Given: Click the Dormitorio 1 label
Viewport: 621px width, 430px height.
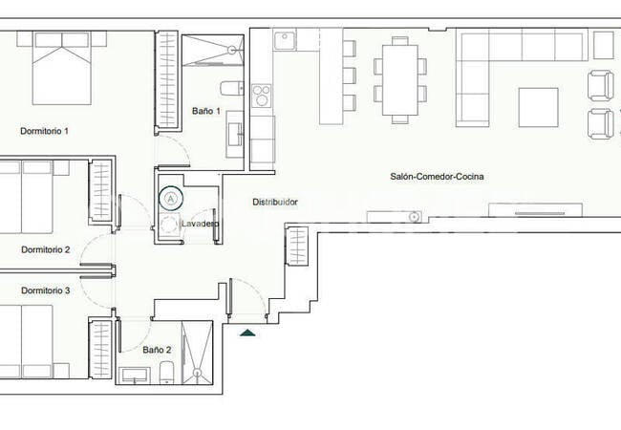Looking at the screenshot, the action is pyautogui.click(x=44, y=131).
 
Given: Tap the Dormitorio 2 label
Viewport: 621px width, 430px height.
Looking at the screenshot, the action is pyautogui.click(x=46, y=249).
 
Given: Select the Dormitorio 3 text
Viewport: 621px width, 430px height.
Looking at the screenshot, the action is pyautogui.click(x=46, y=290).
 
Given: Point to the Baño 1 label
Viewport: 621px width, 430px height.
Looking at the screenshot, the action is pyautogui.click(x=206, y=111).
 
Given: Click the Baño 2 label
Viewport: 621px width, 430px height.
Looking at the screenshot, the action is pyautogui.click(x=157, y=350).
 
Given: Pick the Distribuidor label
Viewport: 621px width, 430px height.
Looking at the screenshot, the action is pyautogui.click(x=275, y=202).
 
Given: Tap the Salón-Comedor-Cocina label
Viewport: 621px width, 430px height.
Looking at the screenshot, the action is pyautogui.click(x=437, y=176).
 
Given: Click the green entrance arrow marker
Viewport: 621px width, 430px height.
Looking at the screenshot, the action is pyautogui.click(x=247, y=333).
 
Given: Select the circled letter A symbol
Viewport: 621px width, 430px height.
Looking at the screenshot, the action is pyautogui.click(x=171, y=198).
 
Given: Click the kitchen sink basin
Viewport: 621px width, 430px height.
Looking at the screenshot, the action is pyautogui.click(x=285, y=39).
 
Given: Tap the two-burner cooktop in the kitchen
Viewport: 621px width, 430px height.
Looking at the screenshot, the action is pyautogui.click(x=262, y=96).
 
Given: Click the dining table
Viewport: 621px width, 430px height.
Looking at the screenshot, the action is pyautogui.click(x=400, y=79).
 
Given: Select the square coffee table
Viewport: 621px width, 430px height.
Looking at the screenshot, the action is pyautogui.click(x=538, y=107).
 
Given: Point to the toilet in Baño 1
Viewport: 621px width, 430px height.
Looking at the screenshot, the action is pyautogui.click(x=231, y=88).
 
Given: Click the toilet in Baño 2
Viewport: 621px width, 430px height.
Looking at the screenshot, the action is pyautogui.click(x=166, y=373).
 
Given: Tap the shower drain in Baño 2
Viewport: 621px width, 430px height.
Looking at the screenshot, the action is pyautogui.click(x=197, y=373).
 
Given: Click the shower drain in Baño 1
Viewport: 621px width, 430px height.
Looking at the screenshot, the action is pyautogui.click(x=232, y=50).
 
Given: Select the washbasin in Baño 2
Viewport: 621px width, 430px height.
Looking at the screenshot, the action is pyautogui.click(x=135, y=376).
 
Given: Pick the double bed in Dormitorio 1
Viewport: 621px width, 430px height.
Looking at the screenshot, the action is pyautogui.click(x=62, y=68).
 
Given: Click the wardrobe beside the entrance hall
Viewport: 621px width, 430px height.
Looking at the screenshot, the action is pyautogui.click(x=297, y=246).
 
